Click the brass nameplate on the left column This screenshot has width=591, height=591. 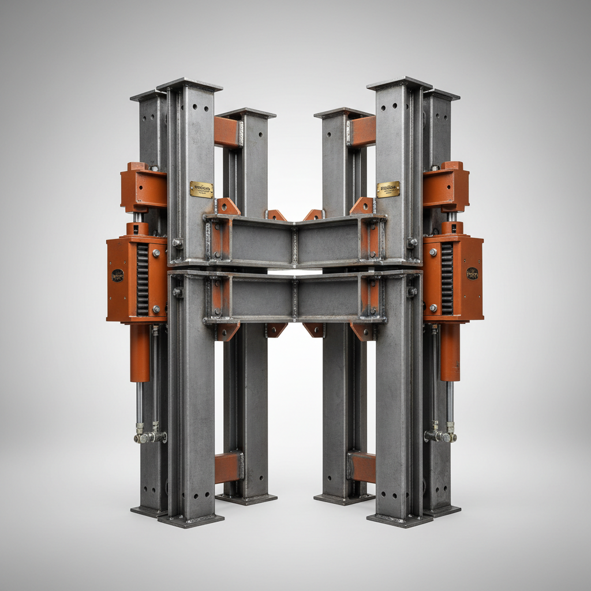pos(201,189)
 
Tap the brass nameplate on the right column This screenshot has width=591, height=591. pos(388,189)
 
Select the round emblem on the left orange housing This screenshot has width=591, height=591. pos(118,275)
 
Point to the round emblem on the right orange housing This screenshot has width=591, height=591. pos(472,274)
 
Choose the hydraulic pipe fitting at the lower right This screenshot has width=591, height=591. pos(440,436)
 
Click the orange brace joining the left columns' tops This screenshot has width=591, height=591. pos(227,132)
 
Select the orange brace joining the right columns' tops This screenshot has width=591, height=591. pos(362,132)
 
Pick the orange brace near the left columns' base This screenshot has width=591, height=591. pos(229,467)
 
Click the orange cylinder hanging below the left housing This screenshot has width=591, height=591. pos(140,352)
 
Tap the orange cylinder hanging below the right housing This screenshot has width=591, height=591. pos(450,351)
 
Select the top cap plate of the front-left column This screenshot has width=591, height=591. pos(189,84)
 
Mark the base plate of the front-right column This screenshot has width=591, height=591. pos(399,519)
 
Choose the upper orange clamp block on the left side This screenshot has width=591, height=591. pos(143,186)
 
